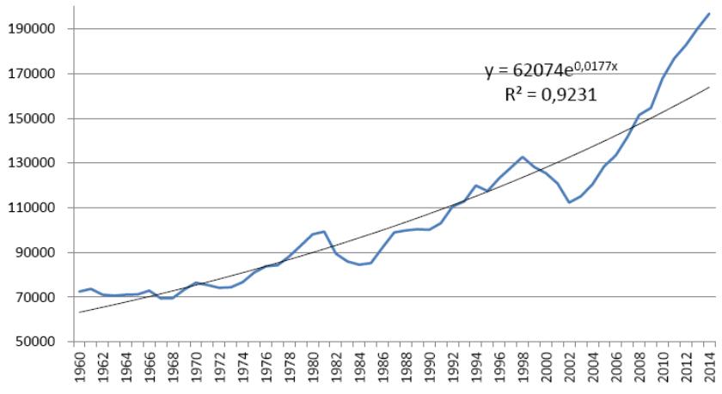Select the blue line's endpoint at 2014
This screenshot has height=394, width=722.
pos(709,13)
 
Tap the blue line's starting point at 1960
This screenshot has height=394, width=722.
pos(80,292)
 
